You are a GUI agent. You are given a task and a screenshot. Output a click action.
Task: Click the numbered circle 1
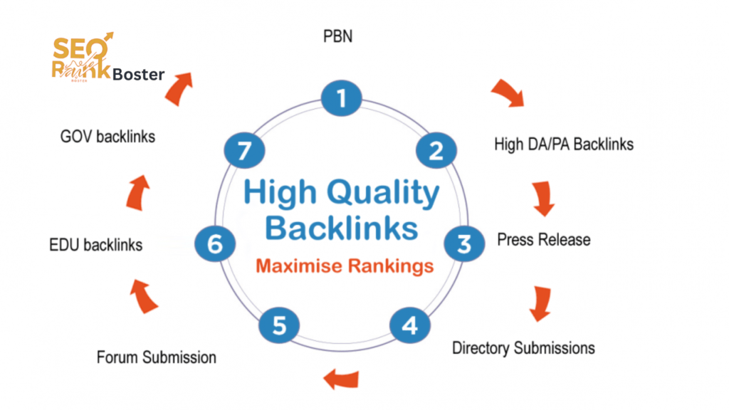(343, 98)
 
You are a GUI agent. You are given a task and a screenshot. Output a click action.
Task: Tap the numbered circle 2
(435, 149)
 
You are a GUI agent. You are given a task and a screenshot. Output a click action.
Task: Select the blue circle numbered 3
(464, 243)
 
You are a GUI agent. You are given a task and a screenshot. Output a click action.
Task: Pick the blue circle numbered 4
(409, 326)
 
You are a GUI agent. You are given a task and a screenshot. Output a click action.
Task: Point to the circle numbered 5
(280, 326)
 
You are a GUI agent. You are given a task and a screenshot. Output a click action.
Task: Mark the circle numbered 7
(244, 149)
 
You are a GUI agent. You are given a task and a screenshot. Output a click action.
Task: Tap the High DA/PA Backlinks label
(563, 144)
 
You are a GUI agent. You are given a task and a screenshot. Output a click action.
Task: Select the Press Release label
(543, 239)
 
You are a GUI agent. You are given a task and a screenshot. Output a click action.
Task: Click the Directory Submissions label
(523, 348)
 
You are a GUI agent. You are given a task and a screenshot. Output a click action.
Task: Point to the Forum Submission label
(157, 356)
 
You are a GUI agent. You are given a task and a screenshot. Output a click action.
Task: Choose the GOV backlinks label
(107, 136)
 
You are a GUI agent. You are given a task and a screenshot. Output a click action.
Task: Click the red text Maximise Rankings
(344, 267)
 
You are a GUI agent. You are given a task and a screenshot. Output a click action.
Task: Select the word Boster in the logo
(139, 74)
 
